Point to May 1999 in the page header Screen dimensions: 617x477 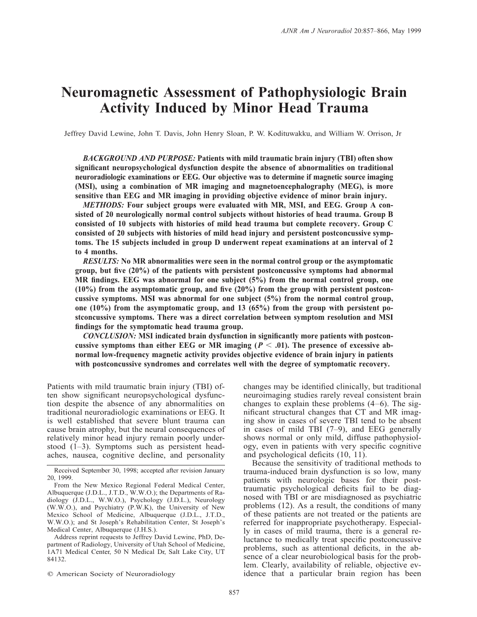(x=411, y=31)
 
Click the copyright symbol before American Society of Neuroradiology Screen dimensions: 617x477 (x=50, y=574)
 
